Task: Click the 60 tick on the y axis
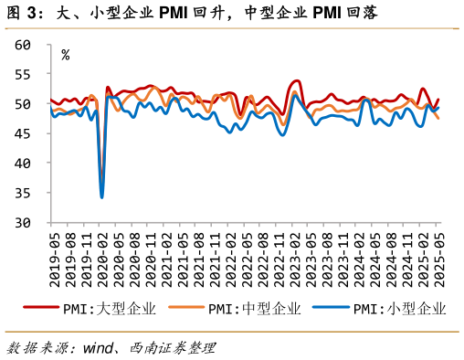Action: tap(24, 45)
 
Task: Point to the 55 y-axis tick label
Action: tap(24, 74)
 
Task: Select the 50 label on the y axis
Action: tap(24, 104)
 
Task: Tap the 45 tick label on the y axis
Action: tap(24, 133)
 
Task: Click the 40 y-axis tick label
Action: tap(24, 164)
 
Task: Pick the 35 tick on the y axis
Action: tap(24, 193)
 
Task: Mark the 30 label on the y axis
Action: tap(24, 223)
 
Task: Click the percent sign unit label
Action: tap(65, 55)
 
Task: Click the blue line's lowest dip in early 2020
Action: tap(102, 196)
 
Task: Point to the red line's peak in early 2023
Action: tap(297, 81)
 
